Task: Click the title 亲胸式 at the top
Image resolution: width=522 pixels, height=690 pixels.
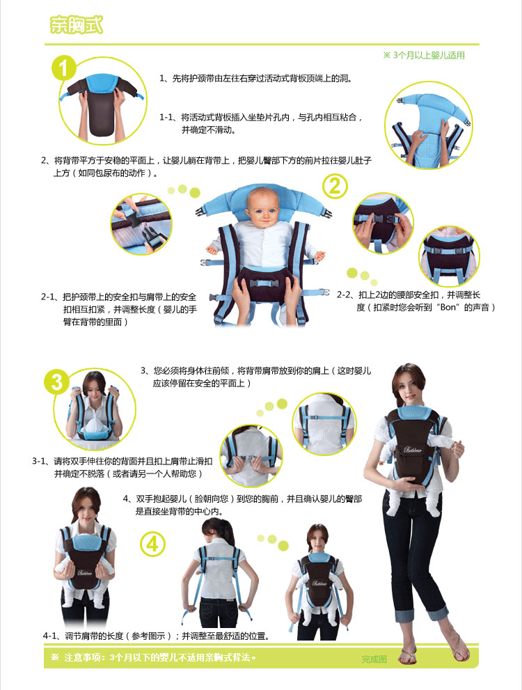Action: pyautogui.click(x=76, y=24)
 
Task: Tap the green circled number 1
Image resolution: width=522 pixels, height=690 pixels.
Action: pyautogui.click(x=64, y=68)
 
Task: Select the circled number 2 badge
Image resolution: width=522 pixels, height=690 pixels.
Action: pyautogui.click(x=335, y=186)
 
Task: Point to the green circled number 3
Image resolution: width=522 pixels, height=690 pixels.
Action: pyautogui.click(x=57, y=382)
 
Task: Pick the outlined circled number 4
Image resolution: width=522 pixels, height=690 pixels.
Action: pyautogui.click(x=152, y=544)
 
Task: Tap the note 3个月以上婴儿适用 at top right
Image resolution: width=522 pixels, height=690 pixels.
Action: pyautogui.click(x=424, y=56)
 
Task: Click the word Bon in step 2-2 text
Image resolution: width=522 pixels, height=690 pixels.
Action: pyautogui.click(x=448, y=307)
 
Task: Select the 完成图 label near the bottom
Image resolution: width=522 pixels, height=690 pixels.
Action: pyautogui.click(x=374, y=659)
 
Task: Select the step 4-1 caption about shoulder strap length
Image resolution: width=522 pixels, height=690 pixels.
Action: pyautogui.click(x=156, y=636)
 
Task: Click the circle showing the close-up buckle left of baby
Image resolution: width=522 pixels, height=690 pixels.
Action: pyautogui.click(x=141, y=224)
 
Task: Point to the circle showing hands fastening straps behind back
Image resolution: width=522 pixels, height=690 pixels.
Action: pyautogui.click(x=251, y=456)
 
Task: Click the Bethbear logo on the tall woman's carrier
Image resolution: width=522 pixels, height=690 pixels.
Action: pyautogui.click(x=413, y=450)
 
